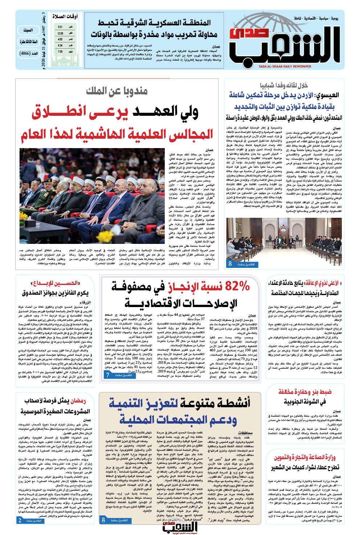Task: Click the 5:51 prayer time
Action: click(x=60, y=27)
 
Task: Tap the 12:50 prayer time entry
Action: click(x=60, y=33)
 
